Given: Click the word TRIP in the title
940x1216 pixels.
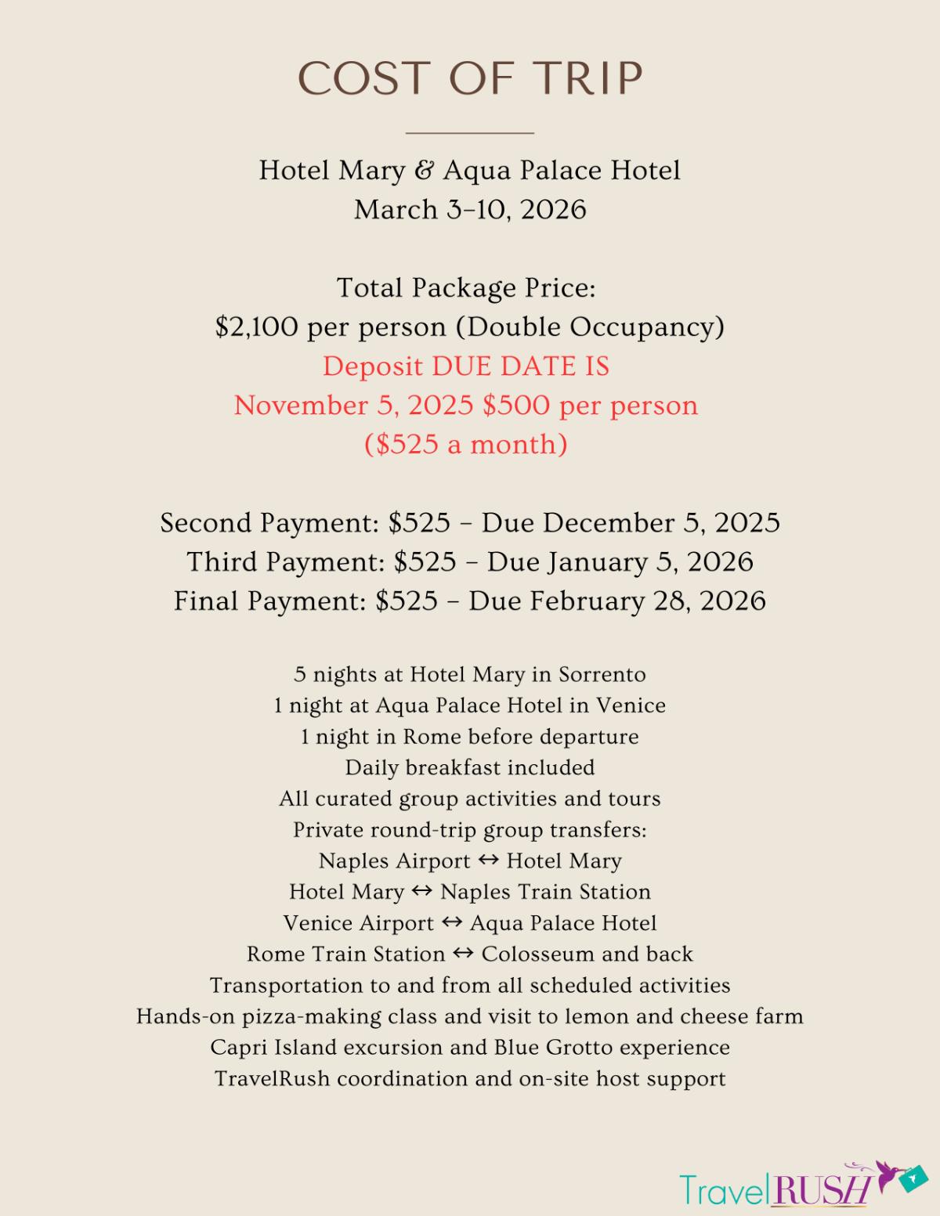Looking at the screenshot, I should click(588, 79).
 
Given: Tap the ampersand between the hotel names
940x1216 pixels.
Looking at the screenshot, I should click(424, 170).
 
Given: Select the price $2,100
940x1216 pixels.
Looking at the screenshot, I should click(257, 327).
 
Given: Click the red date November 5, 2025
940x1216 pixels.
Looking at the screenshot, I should click(353, 405).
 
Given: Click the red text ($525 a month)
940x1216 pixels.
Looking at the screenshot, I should click(466, 444).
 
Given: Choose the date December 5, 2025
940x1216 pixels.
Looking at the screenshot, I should click(631, 522).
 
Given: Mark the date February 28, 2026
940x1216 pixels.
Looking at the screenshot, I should click(617, 601).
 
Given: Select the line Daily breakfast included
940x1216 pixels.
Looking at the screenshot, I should click(470, 767).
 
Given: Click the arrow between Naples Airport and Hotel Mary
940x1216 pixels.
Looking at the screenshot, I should click(489, 860).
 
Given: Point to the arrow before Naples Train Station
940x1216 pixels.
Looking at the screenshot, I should click(422, 891).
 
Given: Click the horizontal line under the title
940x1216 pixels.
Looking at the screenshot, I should click(470, 133).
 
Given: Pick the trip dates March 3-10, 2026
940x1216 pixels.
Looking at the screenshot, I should click(470, 209).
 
